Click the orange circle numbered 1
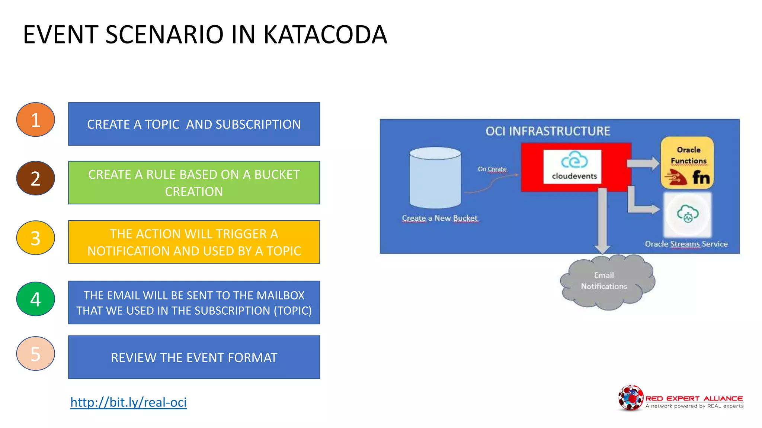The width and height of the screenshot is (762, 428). (35, 120)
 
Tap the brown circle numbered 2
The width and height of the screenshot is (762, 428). (35, 178)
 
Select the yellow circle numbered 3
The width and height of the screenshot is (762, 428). (35, 238)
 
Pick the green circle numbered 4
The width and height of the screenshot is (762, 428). (35, 299)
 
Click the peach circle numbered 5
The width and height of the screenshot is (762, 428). (35, 353)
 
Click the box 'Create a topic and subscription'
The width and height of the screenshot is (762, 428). (194, 124)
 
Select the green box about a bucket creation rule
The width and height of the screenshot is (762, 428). (194, 182)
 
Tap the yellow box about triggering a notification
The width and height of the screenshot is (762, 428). (194, 242)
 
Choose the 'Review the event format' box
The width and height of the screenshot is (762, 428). (194, 357)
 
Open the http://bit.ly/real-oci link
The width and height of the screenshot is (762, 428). (128, 402)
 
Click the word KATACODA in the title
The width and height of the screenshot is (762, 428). (325, 35)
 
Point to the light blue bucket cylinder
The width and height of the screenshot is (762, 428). (435, 178)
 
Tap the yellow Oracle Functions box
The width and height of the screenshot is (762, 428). (687, 163)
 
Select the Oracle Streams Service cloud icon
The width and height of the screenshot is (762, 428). (688, 214)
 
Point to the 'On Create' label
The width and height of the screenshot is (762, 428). (492, 169)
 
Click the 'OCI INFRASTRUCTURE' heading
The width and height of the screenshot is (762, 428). (548, 131)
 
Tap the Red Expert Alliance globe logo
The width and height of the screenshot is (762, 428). (630, 398)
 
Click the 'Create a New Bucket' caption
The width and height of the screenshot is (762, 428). (439, 218)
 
